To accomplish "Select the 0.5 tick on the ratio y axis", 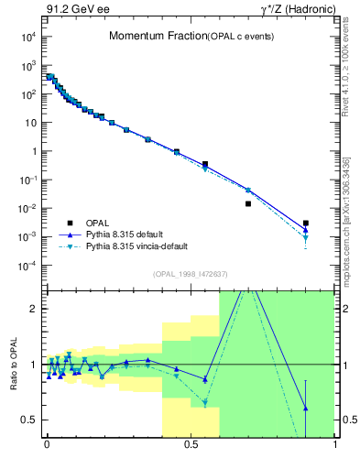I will (x=30, y=420).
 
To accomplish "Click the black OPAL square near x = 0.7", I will (x=248, y=203).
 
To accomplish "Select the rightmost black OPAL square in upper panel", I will (x=306, y=223).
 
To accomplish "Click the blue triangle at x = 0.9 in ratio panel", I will (x=306, y=408).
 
